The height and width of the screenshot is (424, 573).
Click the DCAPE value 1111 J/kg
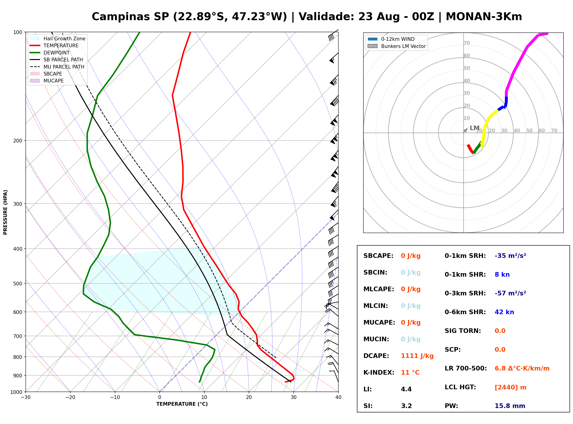(x=417, y=356)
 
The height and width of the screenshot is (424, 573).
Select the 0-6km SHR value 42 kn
(x=504, y=312)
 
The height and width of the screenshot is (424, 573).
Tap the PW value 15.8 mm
(x=510, y=406)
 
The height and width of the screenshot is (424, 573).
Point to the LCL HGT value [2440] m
(x=510, y=387)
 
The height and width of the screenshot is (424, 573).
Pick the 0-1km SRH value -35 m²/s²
(x=510, y=256)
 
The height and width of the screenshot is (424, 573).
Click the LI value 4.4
(x=406, y=389)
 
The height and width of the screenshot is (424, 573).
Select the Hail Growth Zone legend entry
(x=58, y=38)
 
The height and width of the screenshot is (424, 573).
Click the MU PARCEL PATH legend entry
(x=57, y=67)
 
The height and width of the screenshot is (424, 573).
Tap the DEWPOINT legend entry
(x=50, y=53)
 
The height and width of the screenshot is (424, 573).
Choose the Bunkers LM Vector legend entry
(x=397, y=46)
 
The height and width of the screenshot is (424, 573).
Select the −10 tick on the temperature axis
(x=115, y=397)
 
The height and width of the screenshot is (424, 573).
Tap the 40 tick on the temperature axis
(x=338, y=397)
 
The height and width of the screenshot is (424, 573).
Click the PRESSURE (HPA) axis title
(x=5, y=212)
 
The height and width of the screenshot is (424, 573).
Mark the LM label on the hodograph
(x=475, y=128)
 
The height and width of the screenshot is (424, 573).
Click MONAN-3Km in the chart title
(x=484, y=17)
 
